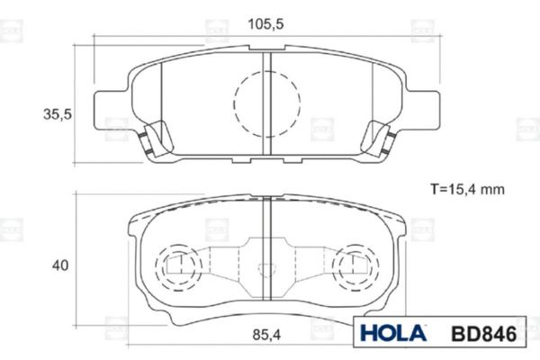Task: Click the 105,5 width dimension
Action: tap(265, 24)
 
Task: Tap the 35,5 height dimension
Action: tap(58, 114)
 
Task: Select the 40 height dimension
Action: tap(60, 265)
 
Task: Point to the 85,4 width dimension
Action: tap(266, 335)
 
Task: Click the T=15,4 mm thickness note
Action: tap(467, 189)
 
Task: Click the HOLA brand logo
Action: tap(393, 333)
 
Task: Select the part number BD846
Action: tap(484, 334)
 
